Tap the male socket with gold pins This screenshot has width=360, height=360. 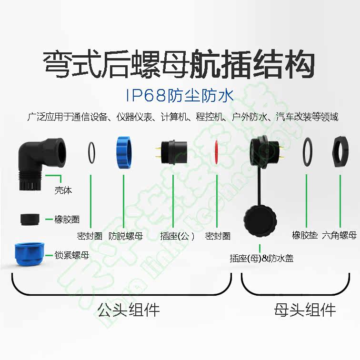173,154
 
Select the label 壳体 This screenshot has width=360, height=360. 63,191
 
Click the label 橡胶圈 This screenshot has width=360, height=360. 67,220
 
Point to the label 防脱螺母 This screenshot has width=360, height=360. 126,235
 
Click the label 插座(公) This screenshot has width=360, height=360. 177,235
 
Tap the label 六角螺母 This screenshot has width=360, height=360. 339,235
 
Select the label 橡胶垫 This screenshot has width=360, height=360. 305,235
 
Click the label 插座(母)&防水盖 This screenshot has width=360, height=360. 261,259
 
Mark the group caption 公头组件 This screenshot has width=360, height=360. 128,310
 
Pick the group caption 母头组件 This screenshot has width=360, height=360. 305,310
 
